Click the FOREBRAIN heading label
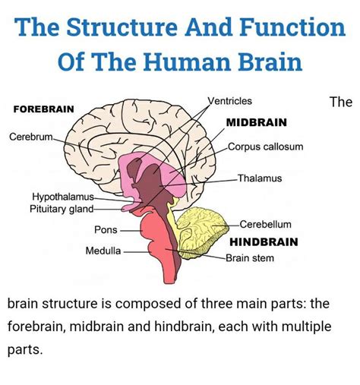[44, 109]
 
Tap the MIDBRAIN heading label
[256, 121]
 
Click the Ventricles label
[229, 101]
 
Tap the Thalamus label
[259, 178]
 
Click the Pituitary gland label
[62, 209]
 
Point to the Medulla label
[103, 250]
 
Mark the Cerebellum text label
[265, 225]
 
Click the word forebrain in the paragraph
[39, 328]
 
